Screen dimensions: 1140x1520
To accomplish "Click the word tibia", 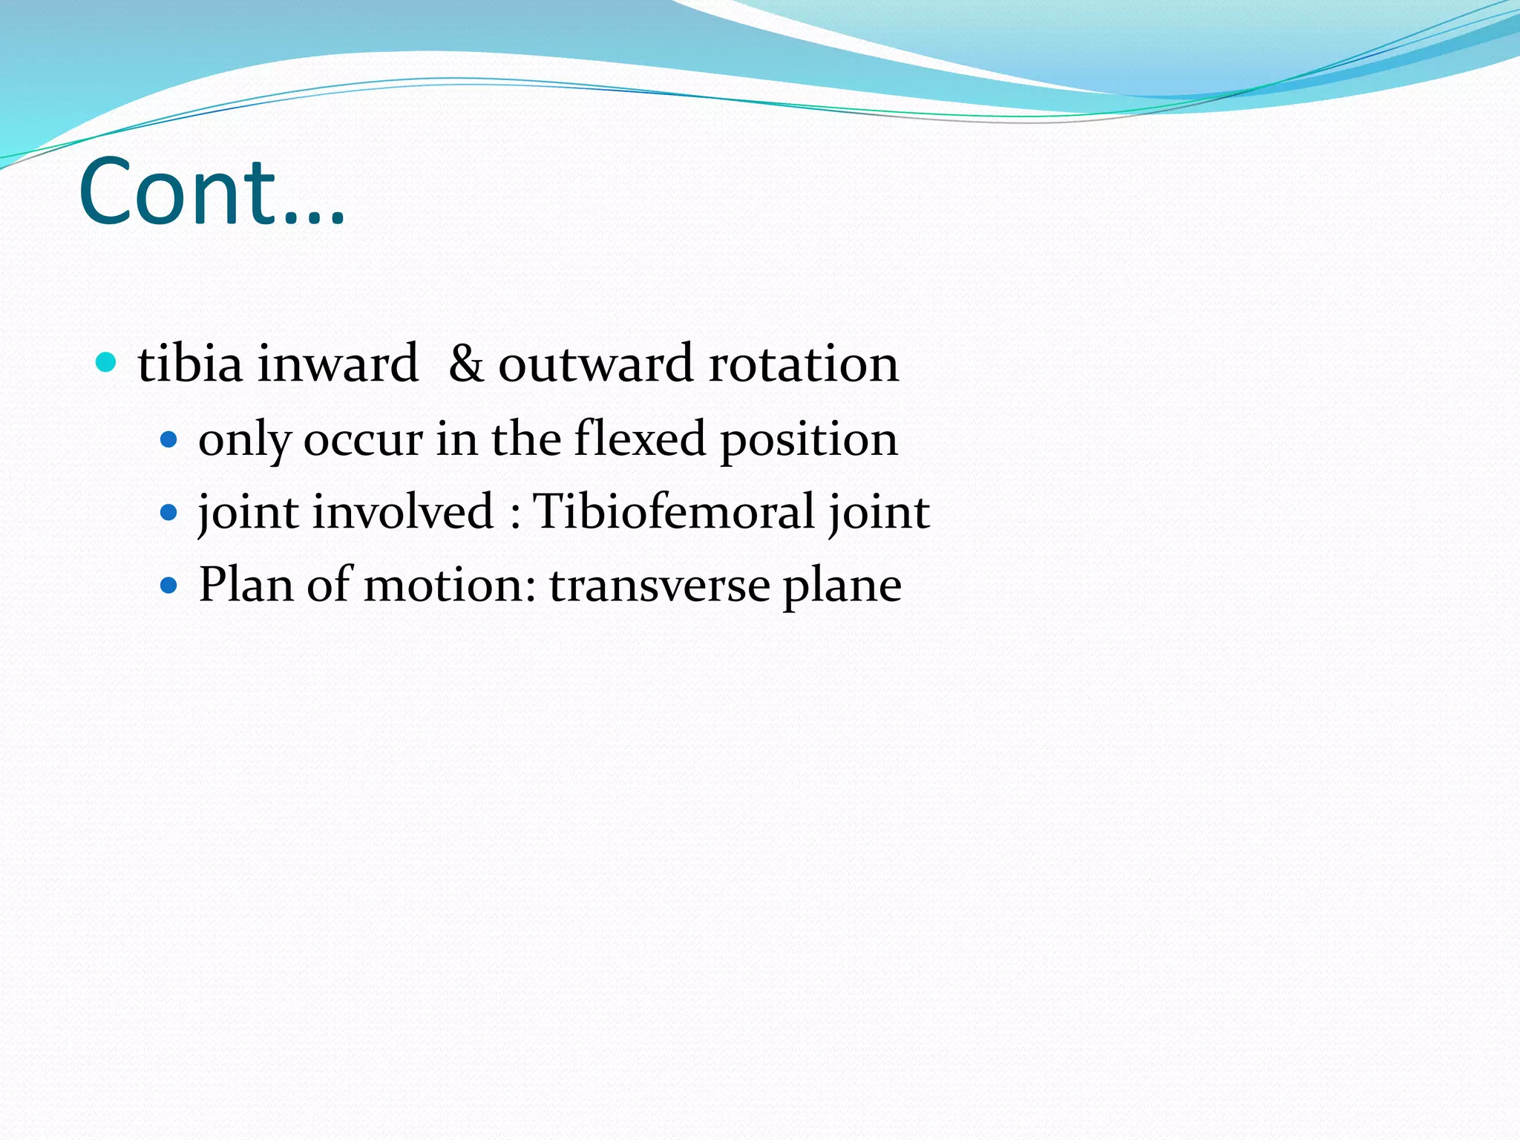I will [190, 364].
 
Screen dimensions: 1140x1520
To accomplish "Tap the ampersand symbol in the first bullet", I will [465, 364].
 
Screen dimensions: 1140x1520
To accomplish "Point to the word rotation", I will [803, 364].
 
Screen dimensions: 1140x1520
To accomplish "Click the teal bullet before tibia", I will [107, 363].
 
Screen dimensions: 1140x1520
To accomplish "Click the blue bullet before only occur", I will [169, 440].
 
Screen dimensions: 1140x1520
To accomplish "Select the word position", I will [809, 439].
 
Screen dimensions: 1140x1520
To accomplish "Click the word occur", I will [363, 439].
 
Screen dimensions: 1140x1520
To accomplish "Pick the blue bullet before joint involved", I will [169, 512].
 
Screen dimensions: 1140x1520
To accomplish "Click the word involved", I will [403, 511].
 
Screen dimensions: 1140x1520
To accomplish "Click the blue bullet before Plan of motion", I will [169, 585].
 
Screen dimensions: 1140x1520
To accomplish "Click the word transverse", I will [659, 585].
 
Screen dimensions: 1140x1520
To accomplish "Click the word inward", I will [338, 364].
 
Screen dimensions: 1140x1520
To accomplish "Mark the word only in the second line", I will [244, 440].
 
